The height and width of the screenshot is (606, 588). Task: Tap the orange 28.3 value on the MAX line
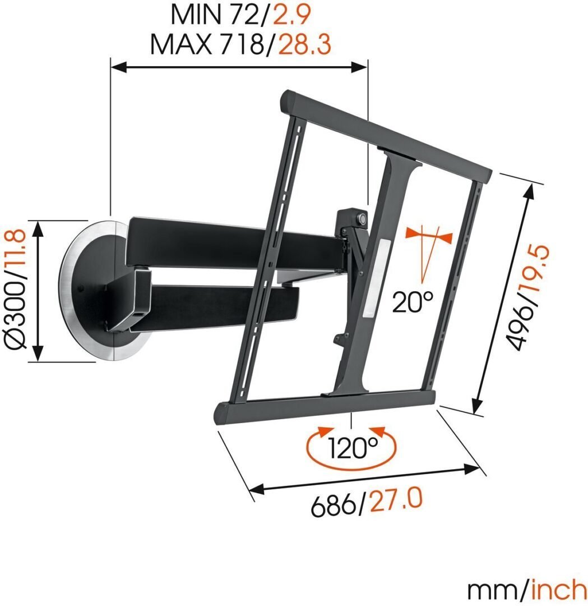click(x=304, y=44)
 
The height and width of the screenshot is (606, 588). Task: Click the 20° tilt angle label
click(x=413, y=302)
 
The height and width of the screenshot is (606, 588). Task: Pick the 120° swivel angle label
click(x=353, y=448)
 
